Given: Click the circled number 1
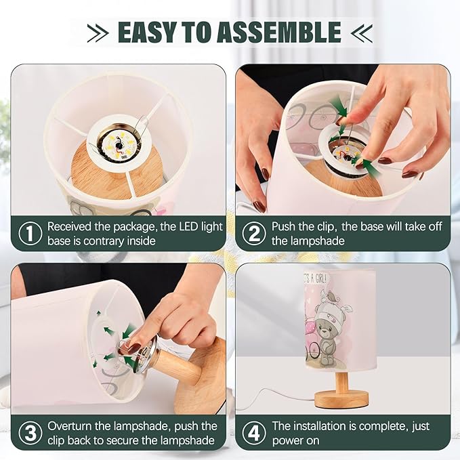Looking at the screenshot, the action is click(x=30, y=234).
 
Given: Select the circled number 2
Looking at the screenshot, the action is click(x=254, y=234).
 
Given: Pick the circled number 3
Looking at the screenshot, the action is click(x=30, y=433).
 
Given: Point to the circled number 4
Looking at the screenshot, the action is click(x=254, y=433).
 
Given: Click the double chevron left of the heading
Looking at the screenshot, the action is click(x=98, y=33).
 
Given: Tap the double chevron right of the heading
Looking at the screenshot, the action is click(x=362, y=33).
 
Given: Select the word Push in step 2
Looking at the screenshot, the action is click(x=284, y=226).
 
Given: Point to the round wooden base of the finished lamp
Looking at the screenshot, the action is click(x=341, y=399).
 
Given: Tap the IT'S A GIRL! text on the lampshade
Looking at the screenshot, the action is click(x=314, y=278).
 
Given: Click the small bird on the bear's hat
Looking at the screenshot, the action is click(x=330, y=297).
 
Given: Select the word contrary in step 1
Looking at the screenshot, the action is click(x=104, y=241).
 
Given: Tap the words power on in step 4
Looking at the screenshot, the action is click(x=295, y=440).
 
